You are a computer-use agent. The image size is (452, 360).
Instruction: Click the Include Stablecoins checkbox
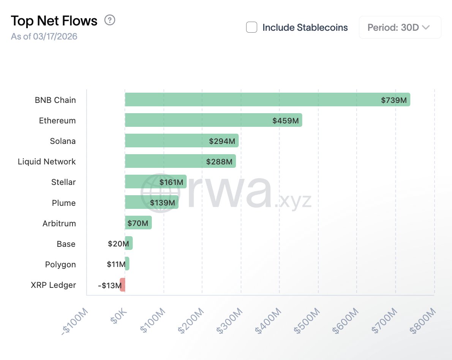(251, 27)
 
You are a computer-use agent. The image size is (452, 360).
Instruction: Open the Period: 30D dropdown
(400, 27)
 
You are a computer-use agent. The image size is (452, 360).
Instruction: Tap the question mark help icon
(110, 20)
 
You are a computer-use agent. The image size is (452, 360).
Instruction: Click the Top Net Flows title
(54, 21)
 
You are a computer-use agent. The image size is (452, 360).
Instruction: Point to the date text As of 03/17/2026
(44, 37)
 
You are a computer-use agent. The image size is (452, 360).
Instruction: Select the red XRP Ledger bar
(123, 285)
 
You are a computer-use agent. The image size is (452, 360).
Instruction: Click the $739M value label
(394, 100)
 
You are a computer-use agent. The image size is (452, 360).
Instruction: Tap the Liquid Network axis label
(47, 162)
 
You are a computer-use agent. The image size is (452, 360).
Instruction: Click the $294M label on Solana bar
(222, 141)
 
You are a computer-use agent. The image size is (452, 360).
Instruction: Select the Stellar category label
(63, 182)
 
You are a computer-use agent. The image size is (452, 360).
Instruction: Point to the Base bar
(129, 243)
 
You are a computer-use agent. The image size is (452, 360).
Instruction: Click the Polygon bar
(127, 264)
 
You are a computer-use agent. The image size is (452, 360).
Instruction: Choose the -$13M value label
(109, 286)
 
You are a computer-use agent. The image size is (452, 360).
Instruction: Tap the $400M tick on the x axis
(268, 321)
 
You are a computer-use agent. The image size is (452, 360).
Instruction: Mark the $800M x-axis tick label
(423, 321)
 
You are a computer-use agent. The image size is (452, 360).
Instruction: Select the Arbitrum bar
(138, 223)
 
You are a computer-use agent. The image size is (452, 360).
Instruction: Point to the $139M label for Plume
(163, 203)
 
